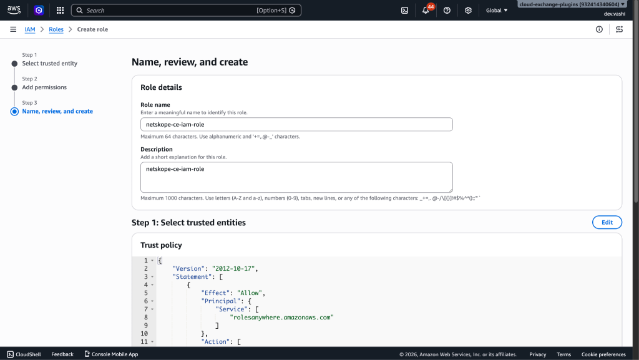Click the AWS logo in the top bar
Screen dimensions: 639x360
14,10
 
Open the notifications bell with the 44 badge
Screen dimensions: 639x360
426,10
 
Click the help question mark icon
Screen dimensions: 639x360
447,10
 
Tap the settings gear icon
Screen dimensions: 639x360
468,10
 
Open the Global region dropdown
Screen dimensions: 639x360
496,10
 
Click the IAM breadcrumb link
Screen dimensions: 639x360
30,29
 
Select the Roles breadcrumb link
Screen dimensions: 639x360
56,29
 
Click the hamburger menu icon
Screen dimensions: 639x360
13,29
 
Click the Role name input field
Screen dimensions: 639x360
296,124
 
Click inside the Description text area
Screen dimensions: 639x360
296,177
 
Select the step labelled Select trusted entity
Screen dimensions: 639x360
50,63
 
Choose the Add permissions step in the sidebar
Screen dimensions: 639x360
44,87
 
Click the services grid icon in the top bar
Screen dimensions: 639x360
60,10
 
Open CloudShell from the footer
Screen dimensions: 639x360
24,354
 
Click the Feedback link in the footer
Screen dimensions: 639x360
62,354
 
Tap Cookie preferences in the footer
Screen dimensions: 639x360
603,354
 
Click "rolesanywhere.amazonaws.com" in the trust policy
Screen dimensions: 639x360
281,317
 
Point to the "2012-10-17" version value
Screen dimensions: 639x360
233,268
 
